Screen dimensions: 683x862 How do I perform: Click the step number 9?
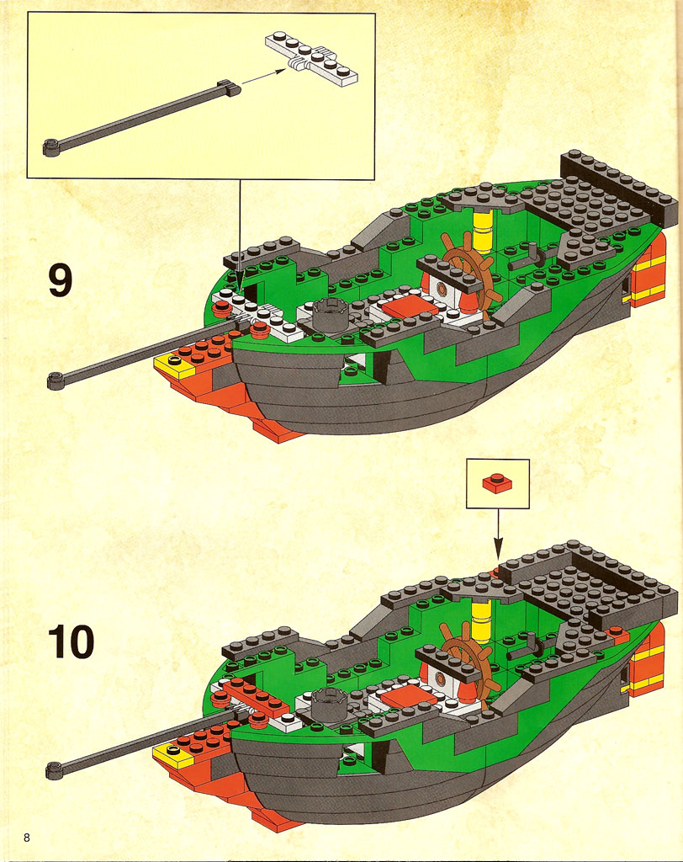tap(61, 279)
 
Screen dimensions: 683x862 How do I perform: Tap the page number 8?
tap(26, 838)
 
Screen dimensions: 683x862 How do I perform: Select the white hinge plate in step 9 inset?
tap(311, 58)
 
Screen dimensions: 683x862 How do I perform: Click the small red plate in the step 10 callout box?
tap(497, 482)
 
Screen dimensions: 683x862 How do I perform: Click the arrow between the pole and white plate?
tap(263, 76)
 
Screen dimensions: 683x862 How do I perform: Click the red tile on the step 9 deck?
tap(410, 305)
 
